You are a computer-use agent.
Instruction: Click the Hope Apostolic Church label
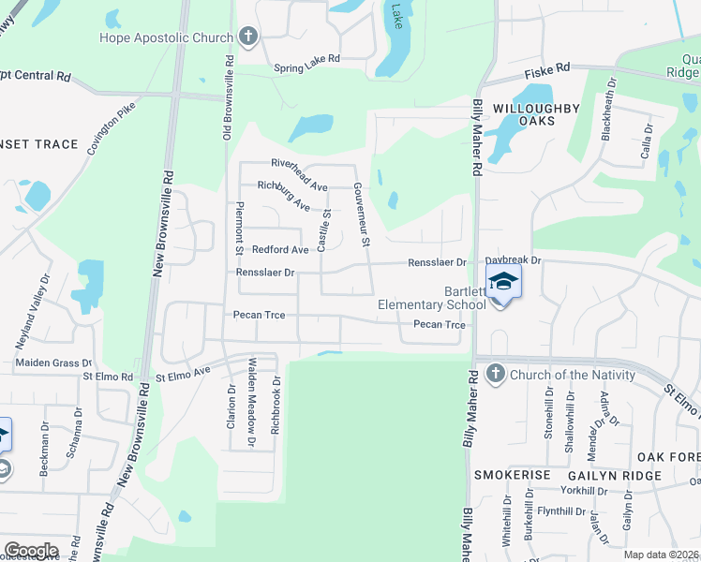tap(167, 38)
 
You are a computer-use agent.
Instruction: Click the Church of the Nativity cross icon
tap(495, 375)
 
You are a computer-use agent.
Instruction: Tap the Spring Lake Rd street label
tap(306, 68)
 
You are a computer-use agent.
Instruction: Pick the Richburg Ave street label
tap(284, 194)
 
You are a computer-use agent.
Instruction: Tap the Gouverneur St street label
tap(363, 215)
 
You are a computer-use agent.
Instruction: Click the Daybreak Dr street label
tap(513, 261)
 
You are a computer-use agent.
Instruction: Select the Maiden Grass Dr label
tap(53, 362)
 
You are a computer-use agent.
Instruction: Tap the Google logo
tap(30, 551)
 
